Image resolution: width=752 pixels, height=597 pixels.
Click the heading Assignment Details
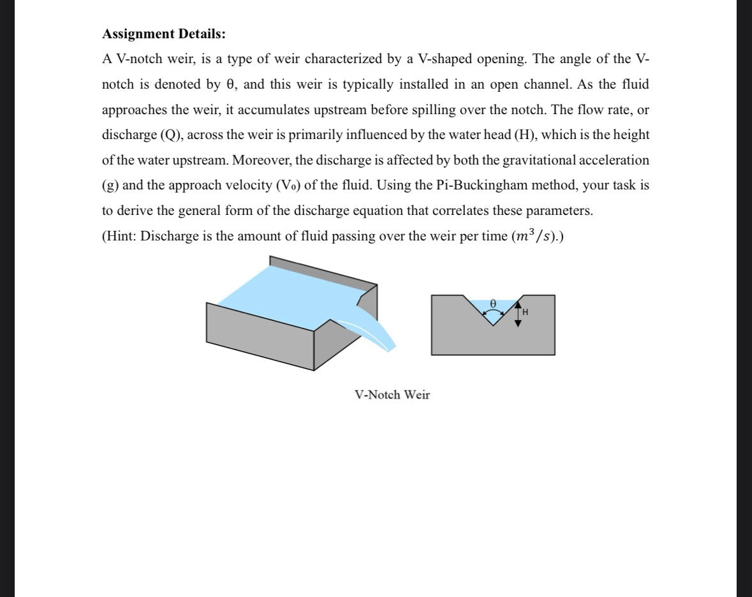point(164,33)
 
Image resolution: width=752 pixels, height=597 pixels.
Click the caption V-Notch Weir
point(392,395)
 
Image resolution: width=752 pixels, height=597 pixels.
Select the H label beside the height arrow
point(525,313)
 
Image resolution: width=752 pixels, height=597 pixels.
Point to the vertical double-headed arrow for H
point(518,313)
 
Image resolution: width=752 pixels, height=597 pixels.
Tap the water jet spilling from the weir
point(370,328)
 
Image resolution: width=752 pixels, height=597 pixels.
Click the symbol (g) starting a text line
point(110,185)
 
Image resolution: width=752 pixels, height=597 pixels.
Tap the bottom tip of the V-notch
point(492,325)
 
